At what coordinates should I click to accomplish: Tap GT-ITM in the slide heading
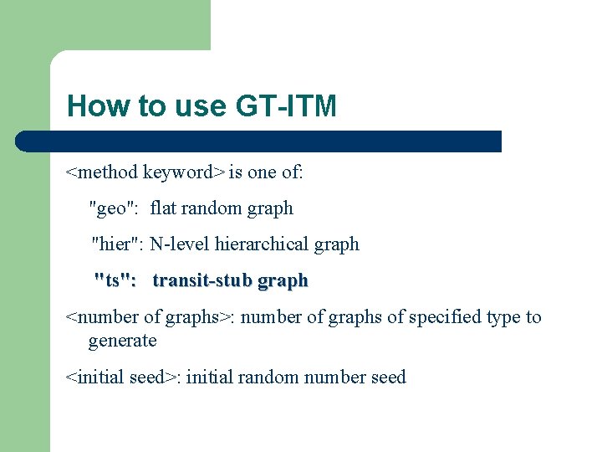tap(286, 106)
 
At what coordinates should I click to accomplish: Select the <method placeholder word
tap(102, 172)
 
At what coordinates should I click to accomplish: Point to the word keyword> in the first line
tap(184, 172)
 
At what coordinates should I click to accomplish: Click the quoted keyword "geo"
tap(115, 208)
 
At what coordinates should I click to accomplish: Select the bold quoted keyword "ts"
tap(115, 280)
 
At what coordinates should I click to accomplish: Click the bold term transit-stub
tap(202, 280)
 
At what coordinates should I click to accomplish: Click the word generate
tap(122, 341)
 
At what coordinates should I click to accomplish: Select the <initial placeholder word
tap(96, 378)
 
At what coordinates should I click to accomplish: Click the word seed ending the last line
tap(387, 378)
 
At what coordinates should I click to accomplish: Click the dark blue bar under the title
tap(259, 141)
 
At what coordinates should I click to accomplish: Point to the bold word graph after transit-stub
tap(283, 281)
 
